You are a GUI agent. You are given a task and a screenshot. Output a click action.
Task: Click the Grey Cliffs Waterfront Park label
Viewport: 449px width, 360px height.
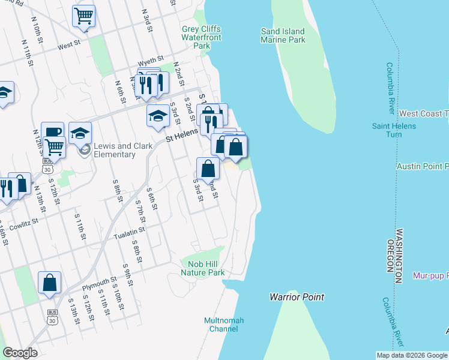[x=202, y=37]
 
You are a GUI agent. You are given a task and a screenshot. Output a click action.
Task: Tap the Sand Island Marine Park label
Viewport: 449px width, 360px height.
[x=283, y=35]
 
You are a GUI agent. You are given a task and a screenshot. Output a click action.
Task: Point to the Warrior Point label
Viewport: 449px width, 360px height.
[x=297, y=297]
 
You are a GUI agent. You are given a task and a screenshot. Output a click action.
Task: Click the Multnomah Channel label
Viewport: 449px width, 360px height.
[x=224, y=325]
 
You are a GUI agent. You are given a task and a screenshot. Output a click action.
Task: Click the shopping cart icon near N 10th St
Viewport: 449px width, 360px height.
[x=83, y=16]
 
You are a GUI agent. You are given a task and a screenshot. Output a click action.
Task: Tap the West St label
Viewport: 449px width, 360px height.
[x=69, y=45]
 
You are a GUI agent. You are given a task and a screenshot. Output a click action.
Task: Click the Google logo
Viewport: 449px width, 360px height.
[x=20, y=353]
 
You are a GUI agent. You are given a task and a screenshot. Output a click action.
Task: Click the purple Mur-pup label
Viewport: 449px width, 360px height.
[x=430, y=276]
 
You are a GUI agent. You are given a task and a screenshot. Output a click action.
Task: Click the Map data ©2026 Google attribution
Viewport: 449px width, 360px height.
[x=412, y=355]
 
